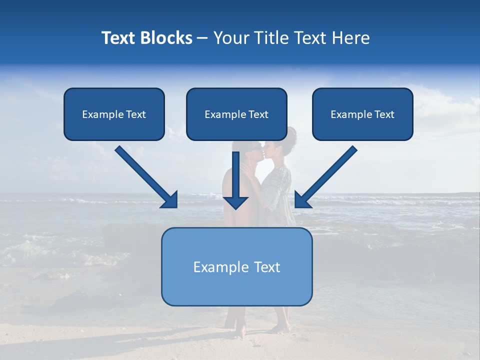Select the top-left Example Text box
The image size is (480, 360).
(114, 114)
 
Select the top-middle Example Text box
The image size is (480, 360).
(236, 114)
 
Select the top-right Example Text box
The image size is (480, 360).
(362, 114)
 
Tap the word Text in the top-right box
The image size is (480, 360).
(384, 114)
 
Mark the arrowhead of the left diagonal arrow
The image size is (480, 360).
(170, 200)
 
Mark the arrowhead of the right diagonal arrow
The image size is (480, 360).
(302, 200)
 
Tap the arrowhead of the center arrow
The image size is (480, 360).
(235, 202)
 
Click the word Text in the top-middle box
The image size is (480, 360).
(258, 114)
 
